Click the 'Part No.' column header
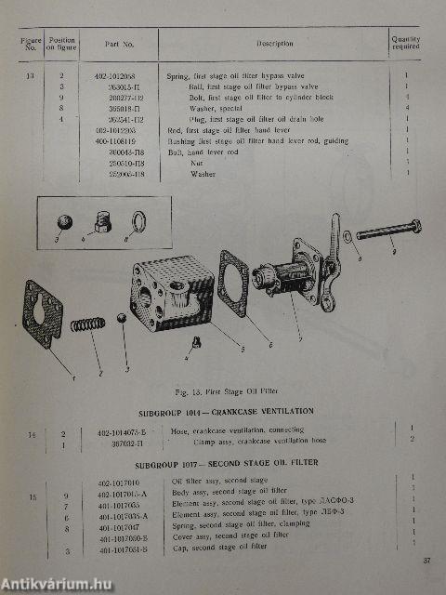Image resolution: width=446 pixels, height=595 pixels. pos(121,44)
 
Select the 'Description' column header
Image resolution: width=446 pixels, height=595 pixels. pos(275,44)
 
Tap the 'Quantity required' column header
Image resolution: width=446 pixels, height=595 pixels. pos(405,44)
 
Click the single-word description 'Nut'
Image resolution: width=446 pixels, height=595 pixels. pos(197,163)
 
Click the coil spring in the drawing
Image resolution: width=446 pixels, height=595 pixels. pos(86,328)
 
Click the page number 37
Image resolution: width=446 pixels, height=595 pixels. pos(426,561)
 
